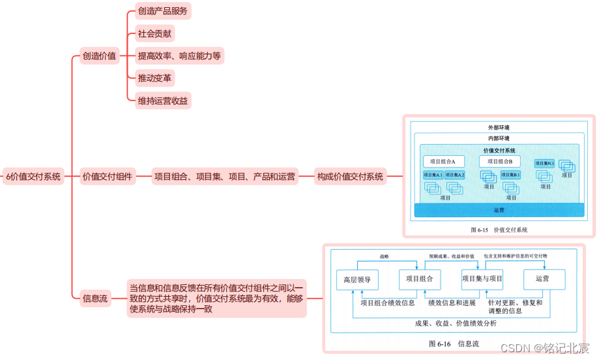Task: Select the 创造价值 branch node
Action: point(99,56)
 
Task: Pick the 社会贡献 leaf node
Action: point(154,33)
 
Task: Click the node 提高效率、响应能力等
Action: point(179,56)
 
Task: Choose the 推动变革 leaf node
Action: point(154,78)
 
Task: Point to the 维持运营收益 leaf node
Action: point(160,101)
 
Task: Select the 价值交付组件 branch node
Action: point(108,176)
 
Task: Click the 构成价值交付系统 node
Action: point(349,176)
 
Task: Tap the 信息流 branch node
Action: point(95,298)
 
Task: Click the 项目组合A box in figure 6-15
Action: point(443,161)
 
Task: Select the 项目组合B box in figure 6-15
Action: point(500,161)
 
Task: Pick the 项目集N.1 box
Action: point(544,163)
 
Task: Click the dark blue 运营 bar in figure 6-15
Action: point(499,210)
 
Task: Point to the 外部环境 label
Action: point(499,127)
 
